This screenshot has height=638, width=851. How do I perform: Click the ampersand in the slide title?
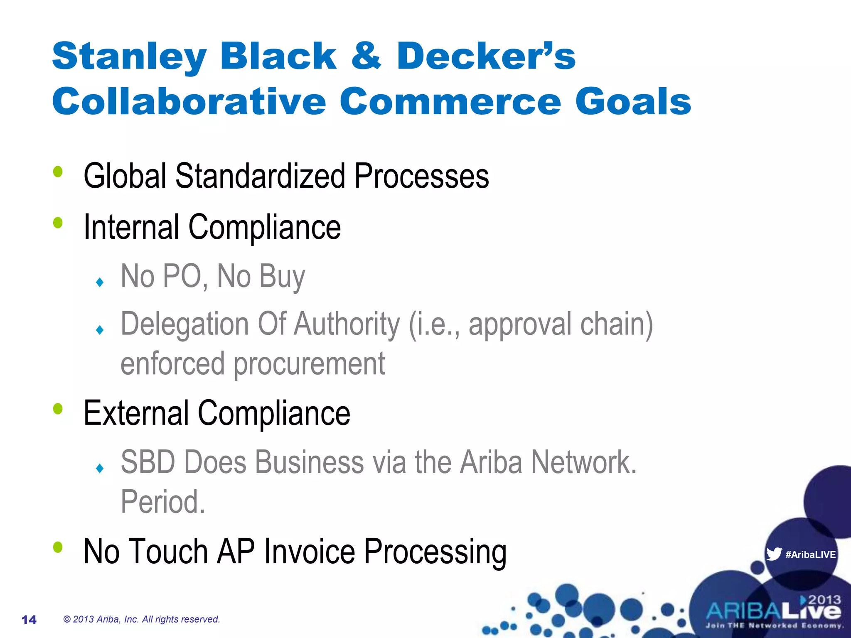tap(366, 56)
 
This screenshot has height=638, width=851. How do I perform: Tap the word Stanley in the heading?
tap(129, 56)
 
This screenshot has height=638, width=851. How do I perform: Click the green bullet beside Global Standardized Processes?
tap(58, 172)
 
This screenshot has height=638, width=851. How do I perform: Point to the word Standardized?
tap(260, 176)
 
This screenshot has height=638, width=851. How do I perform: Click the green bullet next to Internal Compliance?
tap(58, 223)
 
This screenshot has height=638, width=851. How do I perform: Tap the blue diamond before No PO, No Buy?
tap(100, 282)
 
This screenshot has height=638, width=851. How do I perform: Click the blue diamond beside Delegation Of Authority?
tap(100, 330)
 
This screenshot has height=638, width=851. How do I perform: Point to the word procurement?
tap(309, 363)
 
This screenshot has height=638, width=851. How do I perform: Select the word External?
tap(136, 413)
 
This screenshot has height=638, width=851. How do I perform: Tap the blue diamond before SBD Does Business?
tap(100, 469)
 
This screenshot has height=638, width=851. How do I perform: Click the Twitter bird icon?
tap(774, 554)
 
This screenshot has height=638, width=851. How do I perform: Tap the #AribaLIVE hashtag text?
tap(810, 555)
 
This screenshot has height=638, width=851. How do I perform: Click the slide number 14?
tap(29, 620)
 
